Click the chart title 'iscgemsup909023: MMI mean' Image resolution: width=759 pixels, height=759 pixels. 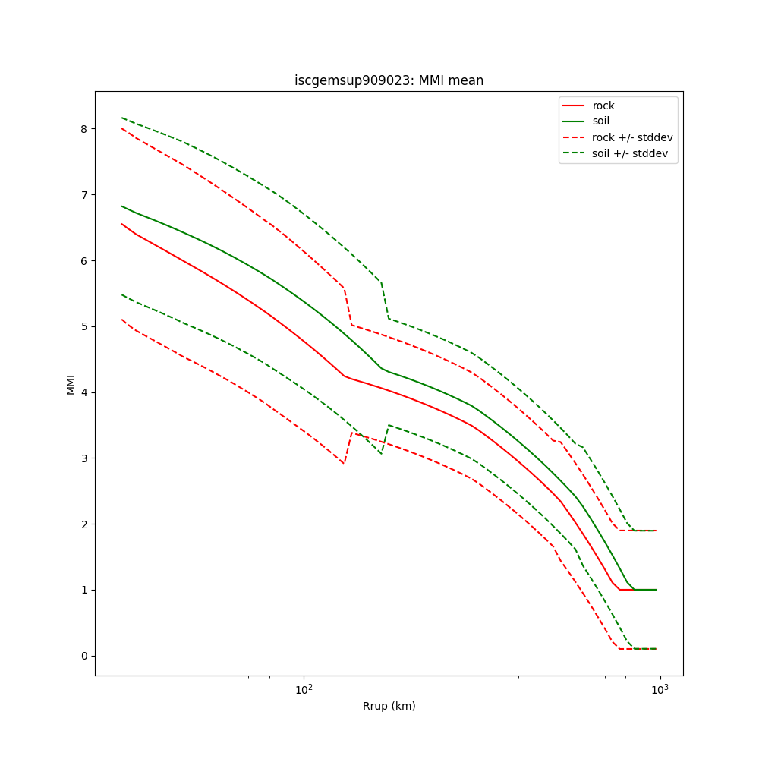pyautogui.click(x=389, y=80)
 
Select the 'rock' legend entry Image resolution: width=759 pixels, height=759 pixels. pyautogui.click(x=603, y=106)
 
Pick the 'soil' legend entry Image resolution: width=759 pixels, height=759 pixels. pyautogui.click(x=601, y=121)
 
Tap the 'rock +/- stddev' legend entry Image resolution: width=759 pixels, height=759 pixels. pyautogui.click(x=632, y=137)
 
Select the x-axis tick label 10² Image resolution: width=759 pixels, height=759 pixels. pyautogui.click(x=304, y=689)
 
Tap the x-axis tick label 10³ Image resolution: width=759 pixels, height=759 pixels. pyautogui.click(x=660, y=689)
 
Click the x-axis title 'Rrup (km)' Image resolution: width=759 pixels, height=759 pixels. pyautogui.click(x=389, y=706)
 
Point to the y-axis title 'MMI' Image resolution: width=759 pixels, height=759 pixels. pyautogui.click(x=71, y=384)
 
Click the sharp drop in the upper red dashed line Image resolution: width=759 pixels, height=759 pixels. pyautogui.click(x=348, y=307)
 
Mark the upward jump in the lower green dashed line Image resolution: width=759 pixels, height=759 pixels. pyautogui.click(x=385, y=439)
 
